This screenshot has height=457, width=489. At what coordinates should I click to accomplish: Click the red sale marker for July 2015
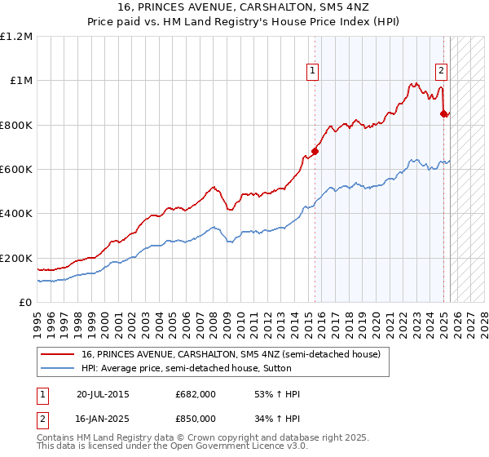pos(315,150)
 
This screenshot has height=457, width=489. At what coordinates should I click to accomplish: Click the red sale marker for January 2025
pos(444,113)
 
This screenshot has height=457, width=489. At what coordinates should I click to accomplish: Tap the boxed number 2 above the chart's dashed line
pos(441,70)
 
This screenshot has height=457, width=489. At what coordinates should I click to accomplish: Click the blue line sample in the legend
pos(57,369)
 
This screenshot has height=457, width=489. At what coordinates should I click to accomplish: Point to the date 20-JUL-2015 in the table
pos(103,395)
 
